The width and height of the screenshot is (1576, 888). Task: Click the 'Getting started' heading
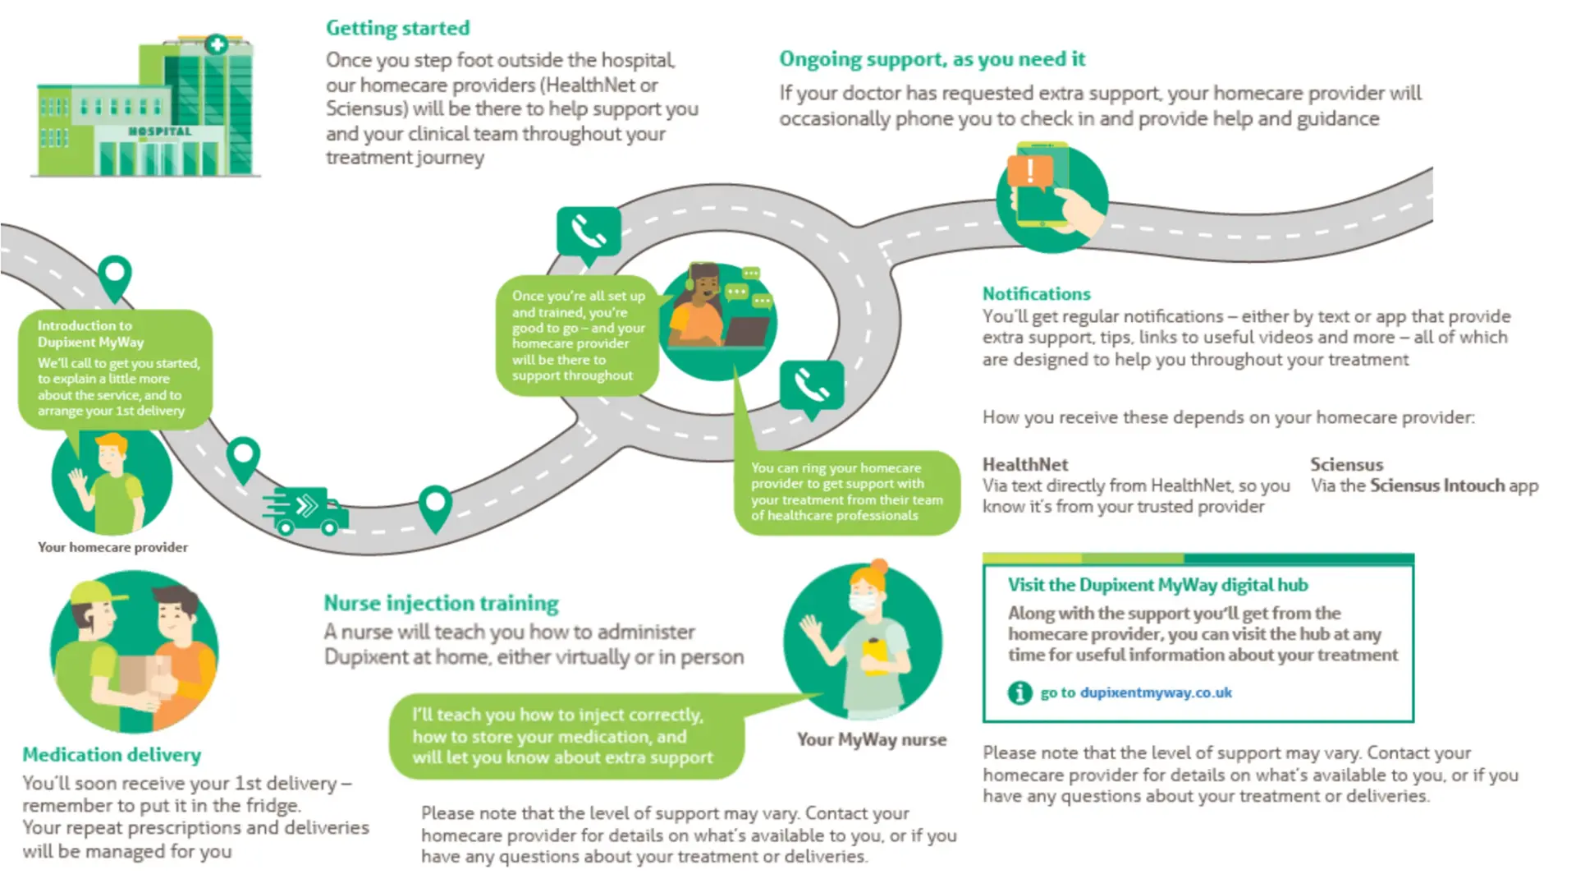coord(397,29)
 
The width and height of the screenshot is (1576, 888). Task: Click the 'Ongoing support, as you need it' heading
coord(932,59)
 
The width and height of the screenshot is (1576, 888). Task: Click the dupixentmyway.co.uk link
coord(1155,692)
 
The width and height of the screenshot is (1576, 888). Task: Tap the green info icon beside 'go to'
coord(1019,693)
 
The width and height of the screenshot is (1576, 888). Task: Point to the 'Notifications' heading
coord(1036,294)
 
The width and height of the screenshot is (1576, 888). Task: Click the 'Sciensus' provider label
coord(1346,464)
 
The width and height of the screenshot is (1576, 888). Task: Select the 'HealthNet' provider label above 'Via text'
coord(1025,464)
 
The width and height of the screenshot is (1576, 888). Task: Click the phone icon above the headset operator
coord(588,232)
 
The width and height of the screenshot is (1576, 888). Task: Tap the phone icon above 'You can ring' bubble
coord(811,385)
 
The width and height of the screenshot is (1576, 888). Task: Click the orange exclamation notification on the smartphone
coord(1029,172)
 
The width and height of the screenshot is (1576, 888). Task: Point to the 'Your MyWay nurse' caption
coord(871,739)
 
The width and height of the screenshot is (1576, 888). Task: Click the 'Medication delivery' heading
coord(112,754)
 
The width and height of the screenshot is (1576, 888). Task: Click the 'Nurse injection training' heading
coord(441,603)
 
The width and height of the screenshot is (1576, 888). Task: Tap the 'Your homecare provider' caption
coord(112,547)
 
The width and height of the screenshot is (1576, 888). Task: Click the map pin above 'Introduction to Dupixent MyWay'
coord(115,276)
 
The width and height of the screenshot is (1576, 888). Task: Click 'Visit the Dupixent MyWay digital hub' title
coord(1157,585)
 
